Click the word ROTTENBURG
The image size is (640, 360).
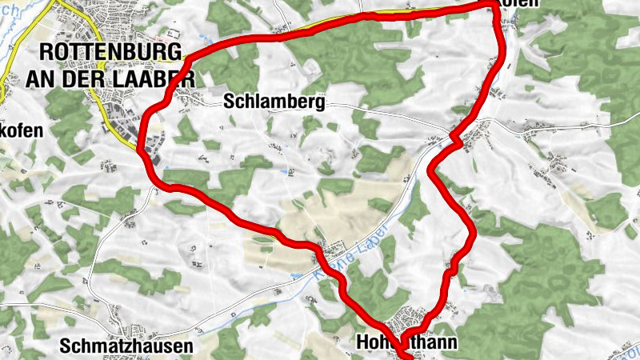109,51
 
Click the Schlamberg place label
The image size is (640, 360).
274,102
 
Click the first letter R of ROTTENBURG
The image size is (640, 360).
46,51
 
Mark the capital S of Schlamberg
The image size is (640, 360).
230,102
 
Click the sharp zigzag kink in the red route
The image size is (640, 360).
457,142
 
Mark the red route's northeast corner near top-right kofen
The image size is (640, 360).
491,7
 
